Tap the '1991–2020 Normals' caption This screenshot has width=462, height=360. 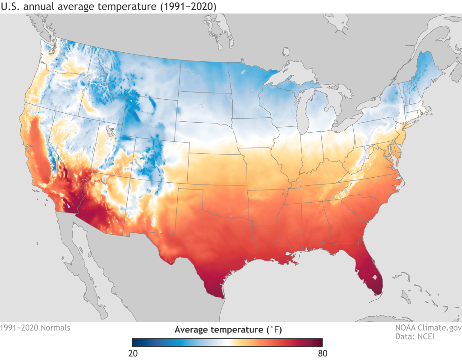click(x=35, y=328)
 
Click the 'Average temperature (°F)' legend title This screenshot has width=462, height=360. click(x=228, y=329)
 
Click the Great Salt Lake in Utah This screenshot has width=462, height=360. click(x=109, y=132)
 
